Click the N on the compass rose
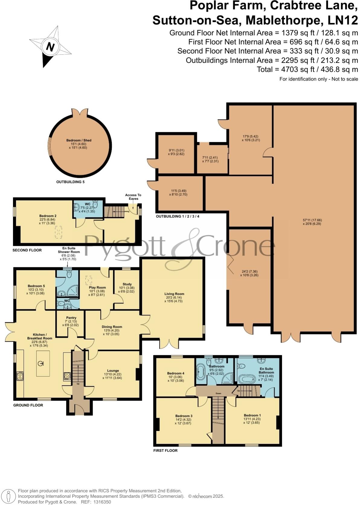[50, 47]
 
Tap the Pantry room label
[71, 318]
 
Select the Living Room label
[174, 294]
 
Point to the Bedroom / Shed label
[79, 140]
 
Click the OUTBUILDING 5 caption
[70, 182]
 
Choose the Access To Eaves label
[133, 197]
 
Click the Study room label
[127, 284]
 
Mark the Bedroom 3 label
[184, 416]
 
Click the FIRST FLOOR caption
[165, 450]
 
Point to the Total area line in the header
[307, 69]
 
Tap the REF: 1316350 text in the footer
[96, 502]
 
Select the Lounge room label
[113, 371]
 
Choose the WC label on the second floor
[87, 204]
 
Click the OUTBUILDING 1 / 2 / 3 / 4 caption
[178, 216]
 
